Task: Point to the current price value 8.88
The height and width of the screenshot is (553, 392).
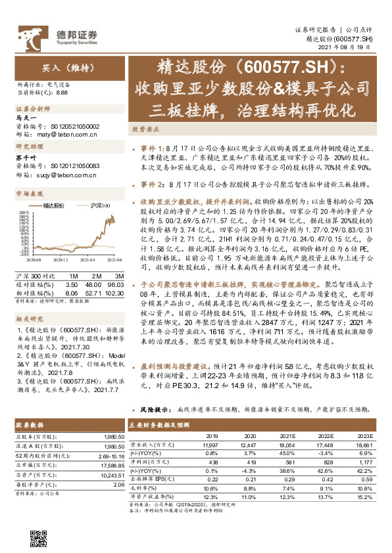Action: pos(62,93)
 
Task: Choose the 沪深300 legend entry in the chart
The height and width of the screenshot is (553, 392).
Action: pos(99,206)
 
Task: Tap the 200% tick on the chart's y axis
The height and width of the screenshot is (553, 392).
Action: pos(22,213)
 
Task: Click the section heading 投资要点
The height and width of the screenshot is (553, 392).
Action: pos(143,130)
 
